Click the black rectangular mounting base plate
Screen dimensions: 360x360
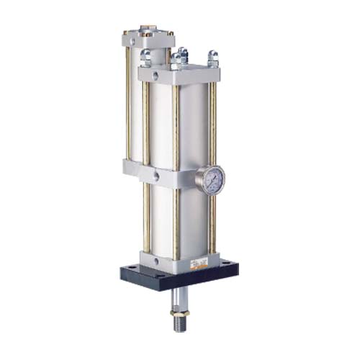180,278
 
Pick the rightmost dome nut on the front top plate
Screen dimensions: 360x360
212,57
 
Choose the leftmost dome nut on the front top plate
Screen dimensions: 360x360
145,56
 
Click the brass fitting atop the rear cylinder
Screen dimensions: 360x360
148,32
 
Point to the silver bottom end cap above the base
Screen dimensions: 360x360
176,261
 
